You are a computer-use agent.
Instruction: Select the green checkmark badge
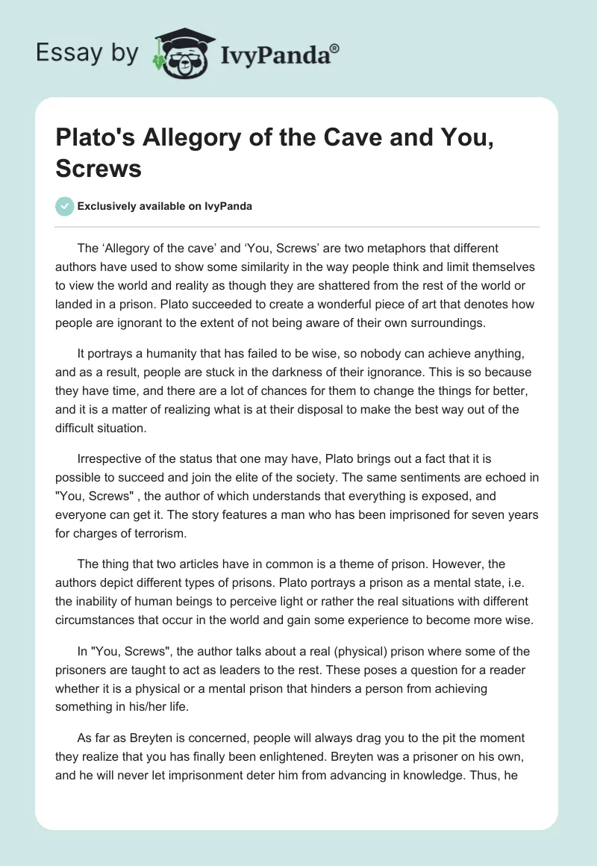click(65, 206)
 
